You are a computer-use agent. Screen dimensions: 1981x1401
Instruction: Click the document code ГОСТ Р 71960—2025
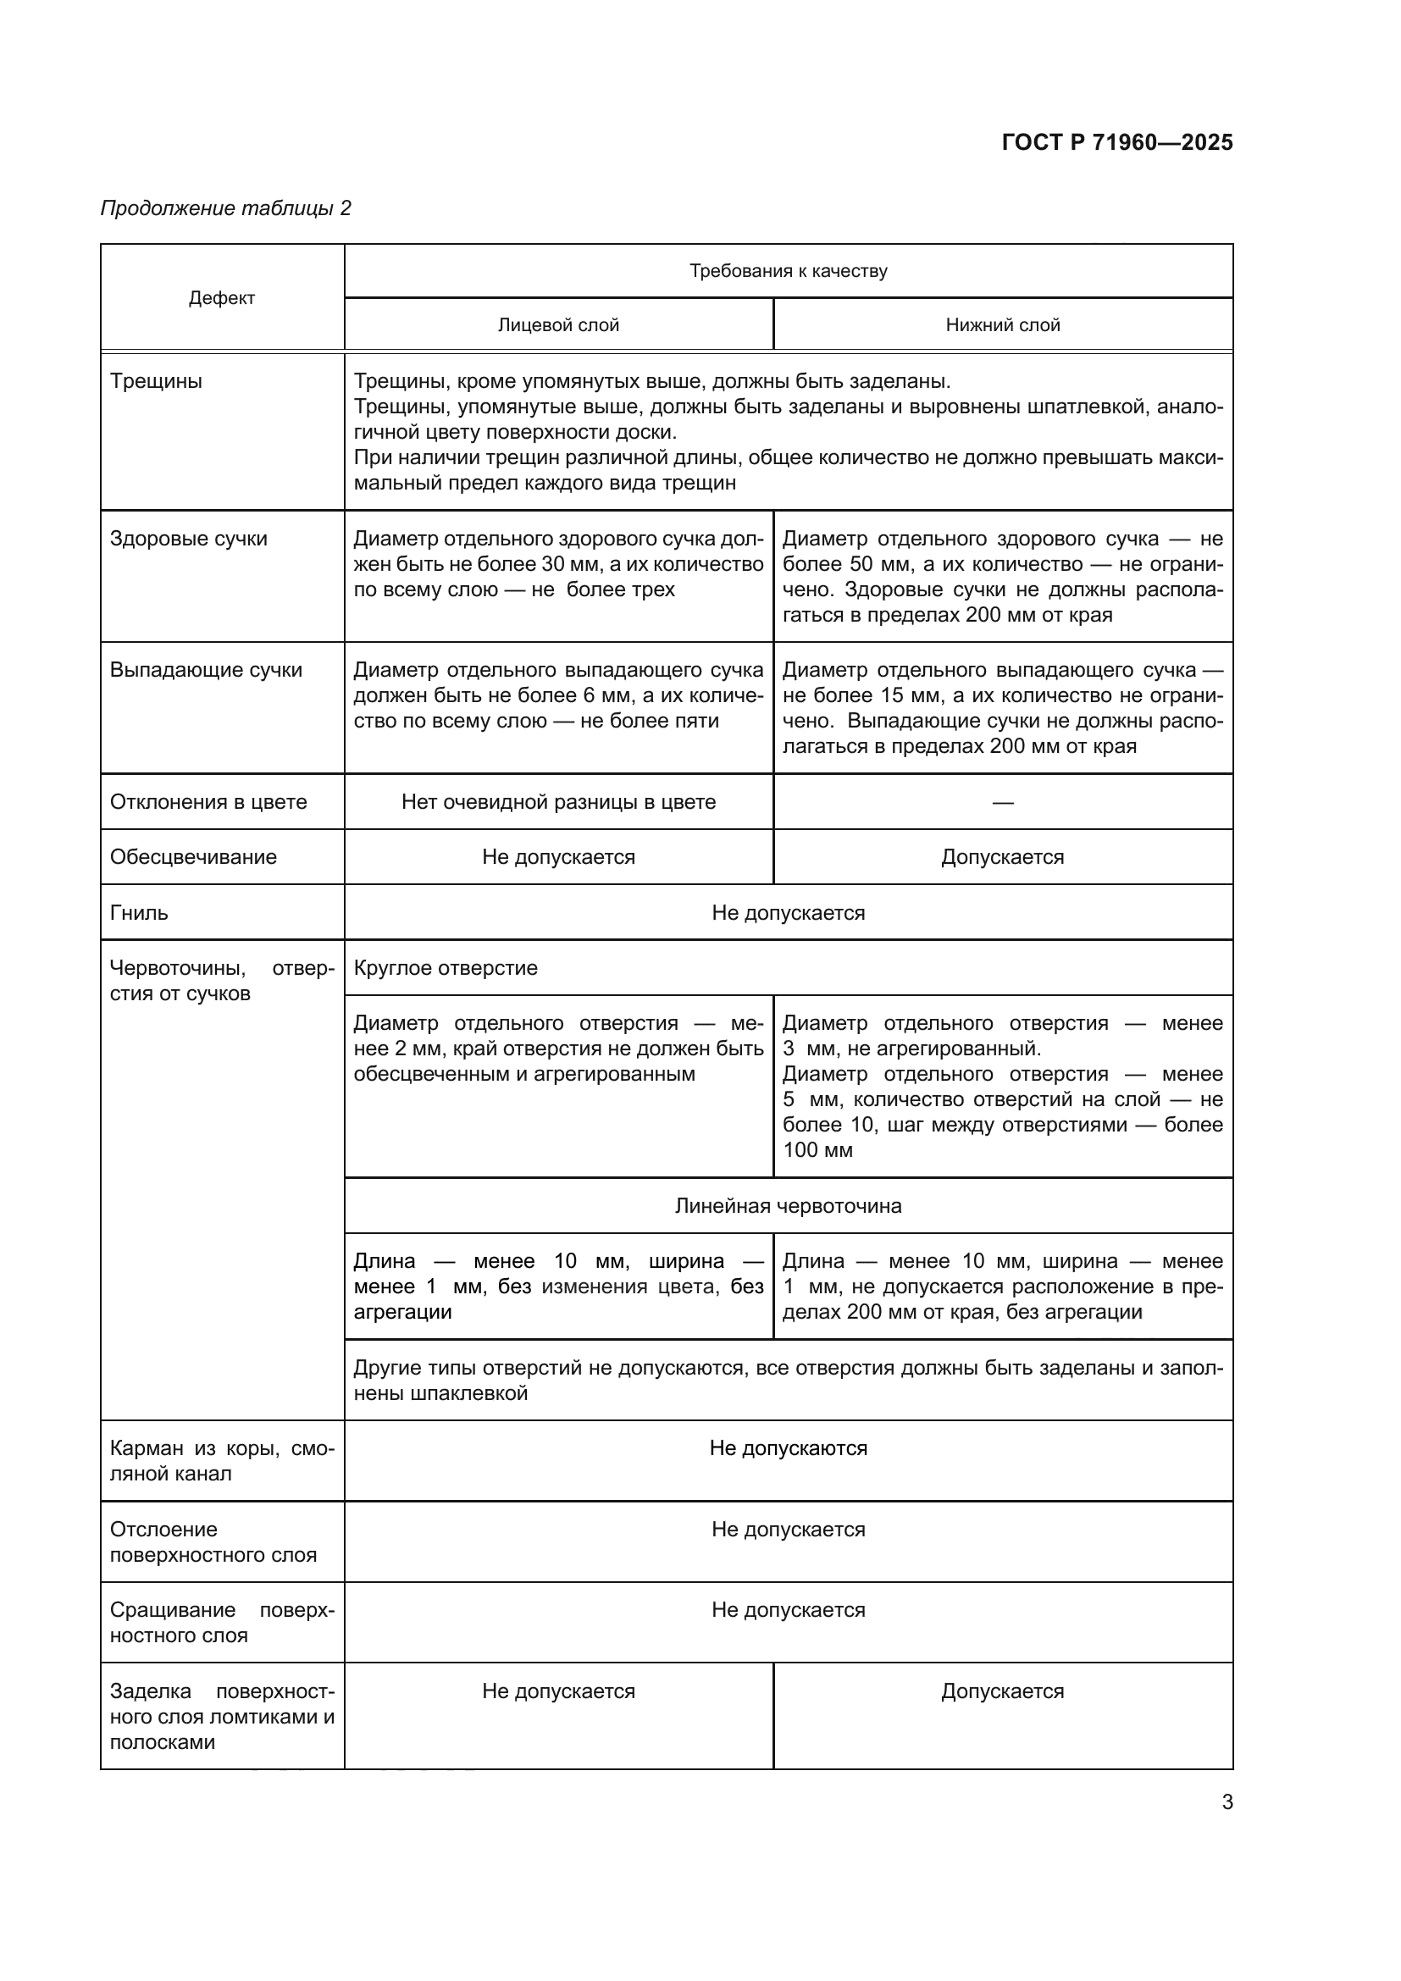coord(1117,142)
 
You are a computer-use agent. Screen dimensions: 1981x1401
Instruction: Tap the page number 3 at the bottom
coord(1227,1801)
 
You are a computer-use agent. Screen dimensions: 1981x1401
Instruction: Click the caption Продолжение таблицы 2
coord(226,208)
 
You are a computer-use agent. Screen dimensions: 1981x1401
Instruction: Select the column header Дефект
coord(222,298)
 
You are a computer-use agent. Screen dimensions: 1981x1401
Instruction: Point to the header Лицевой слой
coord(558,325)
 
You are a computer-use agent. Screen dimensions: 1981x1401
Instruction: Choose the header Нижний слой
coord(1002,325)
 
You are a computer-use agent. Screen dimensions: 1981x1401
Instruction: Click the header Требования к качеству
coord(788,271)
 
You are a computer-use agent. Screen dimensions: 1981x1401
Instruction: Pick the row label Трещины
coord(156,381)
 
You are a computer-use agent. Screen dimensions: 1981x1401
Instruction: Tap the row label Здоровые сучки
coord(189,540)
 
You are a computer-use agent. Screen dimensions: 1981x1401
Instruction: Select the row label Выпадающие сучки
coord(206,671)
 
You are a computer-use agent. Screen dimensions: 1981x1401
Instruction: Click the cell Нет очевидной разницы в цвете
coord(558,802)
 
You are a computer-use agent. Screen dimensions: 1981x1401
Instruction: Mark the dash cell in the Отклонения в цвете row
coord(1002,803)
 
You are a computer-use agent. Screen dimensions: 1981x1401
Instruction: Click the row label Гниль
coord(139,913)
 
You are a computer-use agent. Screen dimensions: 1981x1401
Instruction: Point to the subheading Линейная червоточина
coord(788,1206)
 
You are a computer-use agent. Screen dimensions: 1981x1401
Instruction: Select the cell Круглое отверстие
coord(446,968)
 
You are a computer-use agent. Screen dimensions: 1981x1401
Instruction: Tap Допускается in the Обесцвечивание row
coord(1002,858)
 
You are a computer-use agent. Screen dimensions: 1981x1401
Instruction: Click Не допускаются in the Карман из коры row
coord(788,1448)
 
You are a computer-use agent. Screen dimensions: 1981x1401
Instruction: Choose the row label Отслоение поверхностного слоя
coord(213,1541)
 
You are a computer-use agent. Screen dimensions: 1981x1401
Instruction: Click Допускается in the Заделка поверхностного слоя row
coord(1002,1691)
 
